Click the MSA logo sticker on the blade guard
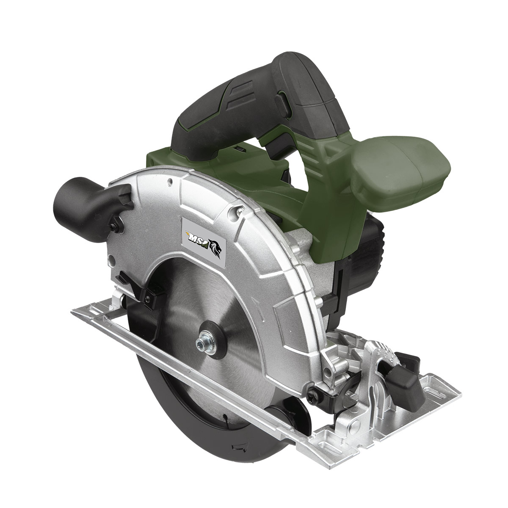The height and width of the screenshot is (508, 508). point(204,237)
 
